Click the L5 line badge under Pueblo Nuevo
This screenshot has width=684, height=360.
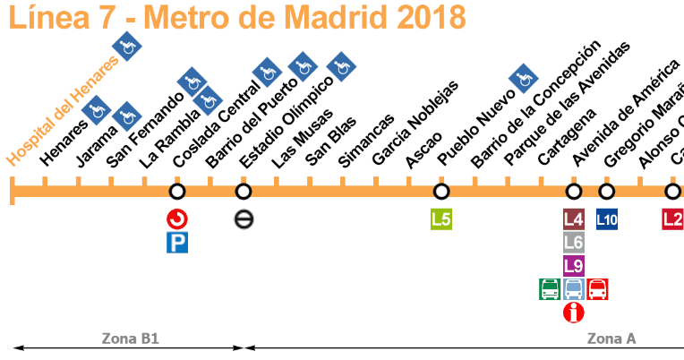click(x=441, y=219)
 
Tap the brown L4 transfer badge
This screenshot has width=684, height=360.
click(x=574, y=219)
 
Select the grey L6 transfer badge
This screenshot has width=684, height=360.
click(x=574, y=242)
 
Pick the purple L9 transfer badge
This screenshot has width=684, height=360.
click(x=574, y=265)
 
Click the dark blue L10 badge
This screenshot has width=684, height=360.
click(x=607, y=219)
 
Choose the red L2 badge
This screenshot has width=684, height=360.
click(x=672, y=219)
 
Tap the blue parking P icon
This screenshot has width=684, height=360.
click(x=177, y=242)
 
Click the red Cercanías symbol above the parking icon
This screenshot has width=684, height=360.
click(x=177, y=219)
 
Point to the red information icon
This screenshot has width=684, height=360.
click(x=574, y=313)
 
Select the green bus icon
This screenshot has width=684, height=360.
click(x=550, y=289)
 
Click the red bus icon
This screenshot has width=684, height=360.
click(x=598, y=289)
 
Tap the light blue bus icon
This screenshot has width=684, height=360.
click(x=574, y=289)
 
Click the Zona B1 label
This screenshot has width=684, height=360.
click(x=129, y=339)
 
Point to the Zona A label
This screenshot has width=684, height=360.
click(x=611, y=339)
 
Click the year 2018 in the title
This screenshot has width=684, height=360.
click(x=420, y=16)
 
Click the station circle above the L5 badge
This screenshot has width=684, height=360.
click(x=441, y=192)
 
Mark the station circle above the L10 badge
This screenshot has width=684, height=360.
click(x=607, y=192)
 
